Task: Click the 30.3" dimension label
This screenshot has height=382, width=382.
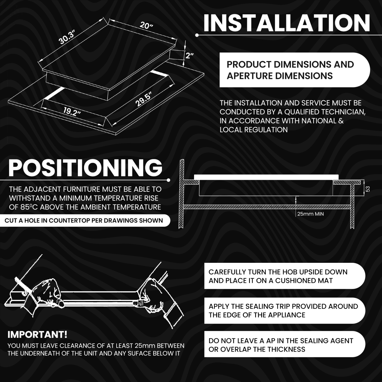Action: pos(66,37)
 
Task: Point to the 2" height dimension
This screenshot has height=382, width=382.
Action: pos(190,56)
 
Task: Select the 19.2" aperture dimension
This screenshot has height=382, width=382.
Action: pos(72,111)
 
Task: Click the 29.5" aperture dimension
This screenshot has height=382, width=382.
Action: pos(143,100)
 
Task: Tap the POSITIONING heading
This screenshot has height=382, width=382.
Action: pos(86,168)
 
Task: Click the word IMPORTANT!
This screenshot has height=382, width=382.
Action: pos(37,335)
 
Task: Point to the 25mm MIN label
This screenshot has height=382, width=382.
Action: pos(310,214)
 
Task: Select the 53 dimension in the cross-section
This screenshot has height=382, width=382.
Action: pos(367,189)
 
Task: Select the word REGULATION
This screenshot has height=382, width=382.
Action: pos(266,130)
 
